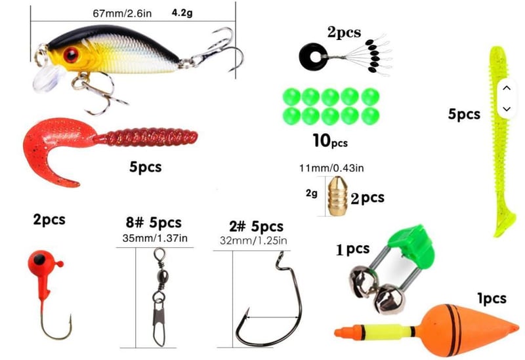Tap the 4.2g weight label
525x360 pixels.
[182, 12]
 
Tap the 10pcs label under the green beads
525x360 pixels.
[331, 140]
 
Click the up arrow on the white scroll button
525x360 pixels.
[506, 87]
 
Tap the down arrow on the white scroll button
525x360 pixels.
[506, 108]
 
